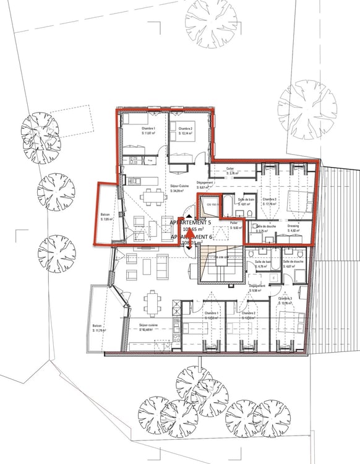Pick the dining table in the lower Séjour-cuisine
pos(152,301)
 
